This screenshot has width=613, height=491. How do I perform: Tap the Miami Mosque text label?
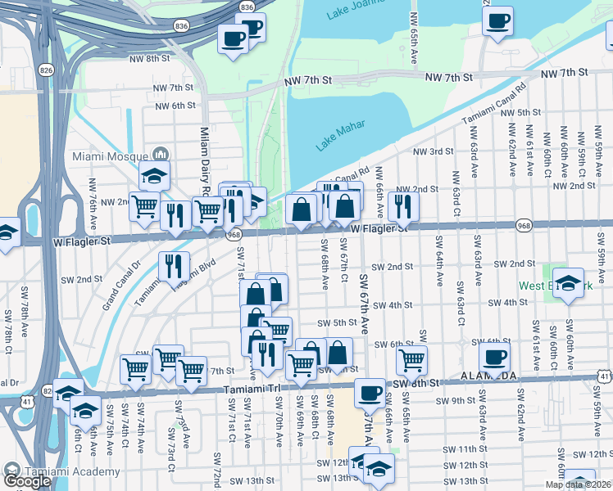pyautogui.click(x=111, y=155)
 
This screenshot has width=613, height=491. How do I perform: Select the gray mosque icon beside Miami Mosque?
pyautogui.click(x=160, y=155)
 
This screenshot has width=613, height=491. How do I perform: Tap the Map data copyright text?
pyautogui.click(x=578, y=484)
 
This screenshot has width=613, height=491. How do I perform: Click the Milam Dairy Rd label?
pyautogui.click(x=206, y=160)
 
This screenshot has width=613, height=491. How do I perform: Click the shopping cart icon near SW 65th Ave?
pyautogui.click(x=411, y=360)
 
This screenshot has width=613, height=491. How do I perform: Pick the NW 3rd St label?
pyautogui.click(x=433, y=152)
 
